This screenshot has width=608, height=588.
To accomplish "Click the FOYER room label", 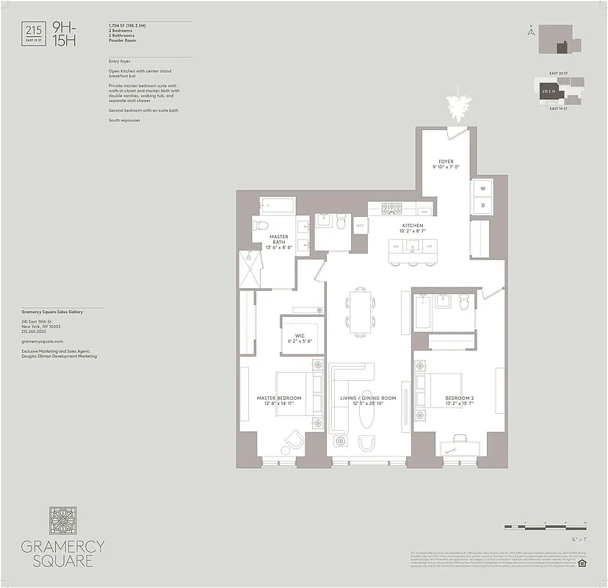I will click(x=446, y=160).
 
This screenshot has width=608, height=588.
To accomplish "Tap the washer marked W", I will click(x=482, y=189).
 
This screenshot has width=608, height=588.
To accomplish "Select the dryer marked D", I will click(x=482, y=205).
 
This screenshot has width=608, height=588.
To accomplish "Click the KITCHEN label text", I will click(x=413, y=225).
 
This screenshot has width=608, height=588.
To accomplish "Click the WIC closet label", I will click(x=300, y=337).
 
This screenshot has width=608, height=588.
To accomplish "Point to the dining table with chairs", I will click(x=358, y=312).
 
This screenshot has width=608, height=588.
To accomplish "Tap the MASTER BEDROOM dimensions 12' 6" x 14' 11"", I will click(x=279, y=404).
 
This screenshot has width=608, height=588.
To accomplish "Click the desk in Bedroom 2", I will click(x=455, y=445).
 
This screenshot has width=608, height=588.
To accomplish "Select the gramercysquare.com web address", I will click(x=43, y=342).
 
